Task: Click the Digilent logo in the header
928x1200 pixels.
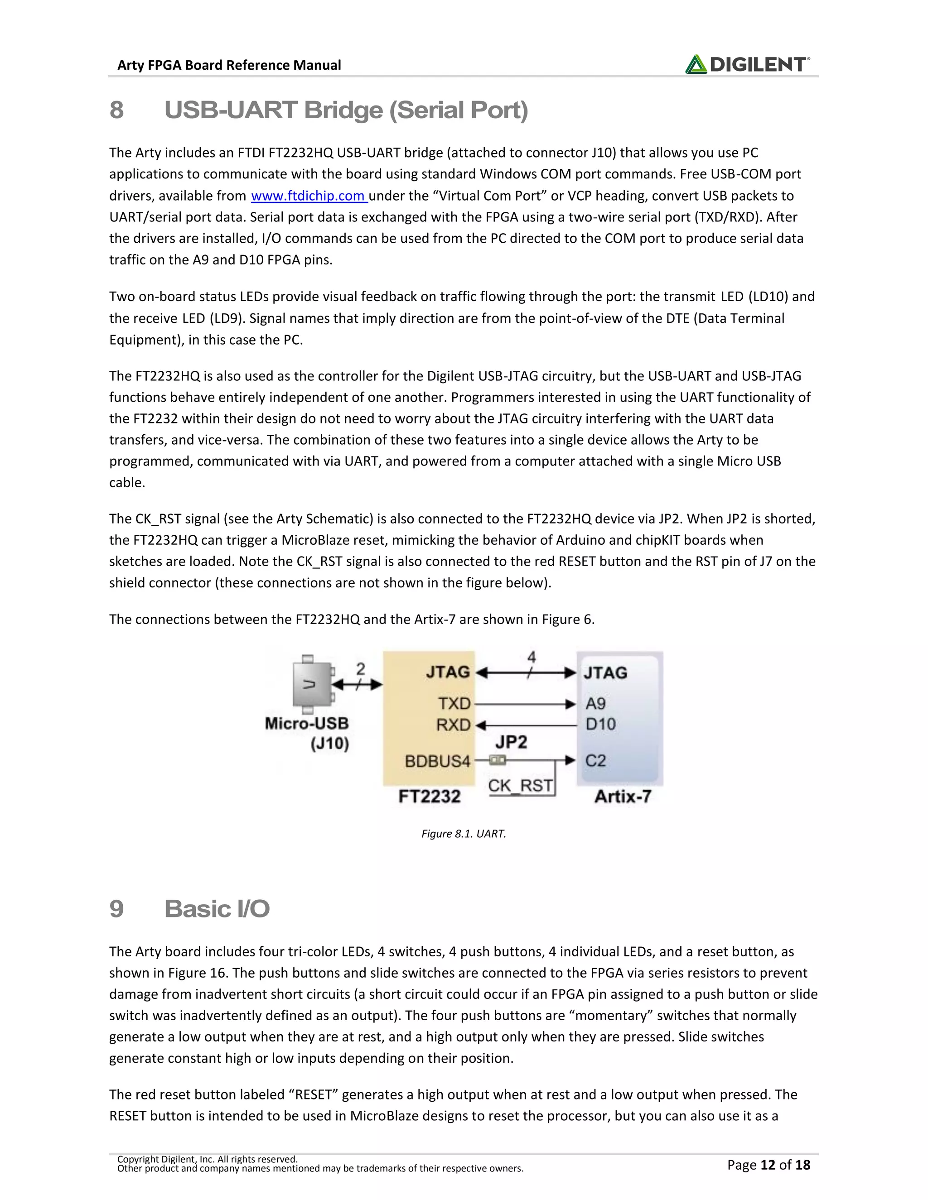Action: [x=747, y=64]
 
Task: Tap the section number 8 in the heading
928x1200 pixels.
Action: [x=116, y=110]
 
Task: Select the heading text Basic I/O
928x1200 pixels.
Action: [x=217, y=909]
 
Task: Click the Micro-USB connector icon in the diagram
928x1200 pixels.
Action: [x=312, y=684]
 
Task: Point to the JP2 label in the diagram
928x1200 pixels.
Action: [x=511, y=742]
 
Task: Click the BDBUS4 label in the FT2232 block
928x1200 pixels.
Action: [x=438, y=762]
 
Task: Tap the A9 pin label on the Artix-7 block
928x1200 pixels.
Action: [x=595, y=704]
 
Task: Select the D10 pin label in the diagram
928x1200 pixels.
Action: [x=600, y=724]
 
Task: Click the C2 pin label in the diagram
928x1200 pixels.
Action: [x=595, y=761]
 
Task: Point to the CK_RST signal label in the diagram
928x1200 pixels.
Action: [x=520, y=786]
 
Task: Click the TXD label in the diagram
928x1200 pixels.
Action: [x=454, y=704]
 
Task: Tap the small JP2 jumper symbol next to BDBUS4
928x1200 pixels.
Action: [x=498, y=760]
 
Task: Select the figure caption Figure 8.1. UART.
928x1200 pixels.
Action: [x=464, y=834]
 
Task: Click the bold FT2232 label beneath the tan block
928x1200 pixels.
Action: [x=430, y=796]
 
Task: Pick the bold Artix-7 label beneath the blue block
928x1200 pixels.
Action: [x=623, y=796]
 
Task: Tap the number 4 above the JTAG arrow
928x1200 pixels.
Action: [x=531, y=657]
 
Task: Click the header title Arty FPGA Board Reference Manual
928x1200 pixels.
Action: [x=229, y=65]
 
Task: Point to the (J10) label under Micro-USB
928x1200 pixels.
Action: [x=330, y=744]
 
